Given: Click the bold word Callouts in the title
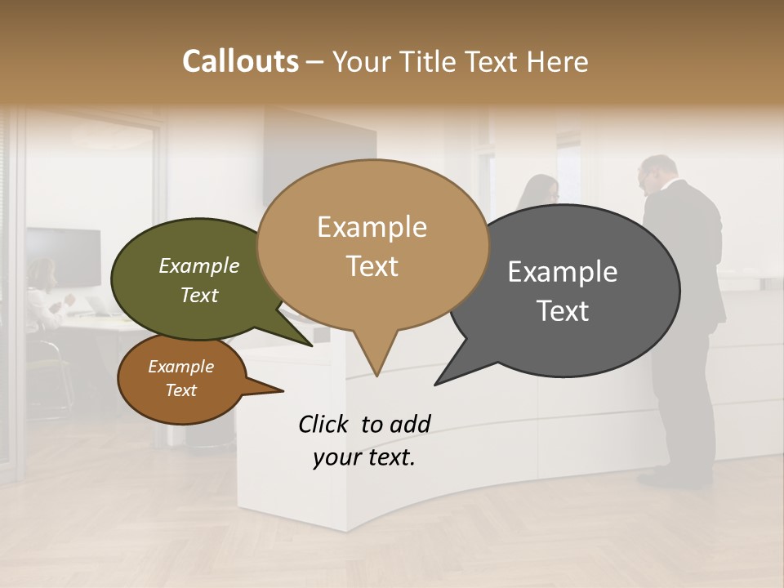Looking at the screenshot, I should [x=240, y=61].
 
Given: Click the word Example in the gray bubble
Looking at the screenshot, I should [x=563, y=272].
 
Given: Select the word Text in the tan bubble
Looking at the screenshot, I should [x=372, y=266].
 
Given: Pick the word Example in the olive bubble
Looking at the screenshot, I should [x=199, y=265].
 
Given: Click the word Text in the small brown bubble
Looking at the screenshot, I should [x=181, y=390].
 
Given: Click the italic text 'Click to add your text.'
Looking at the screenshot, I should [x=364, y=441].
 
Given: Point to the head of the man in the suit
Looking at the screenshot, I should [x=658, y=173].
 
